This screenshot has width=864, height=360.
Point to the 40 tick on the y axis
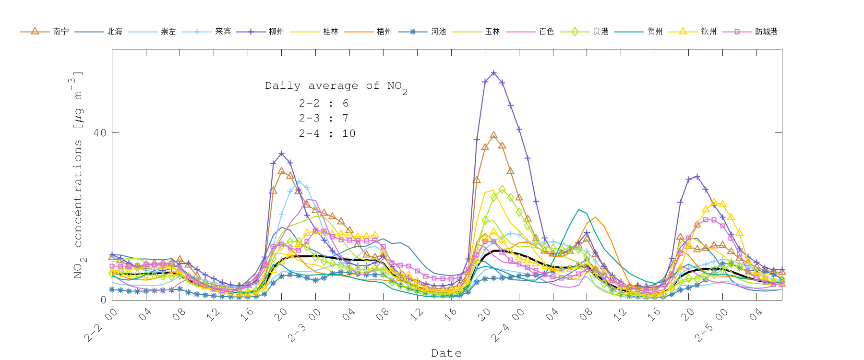(x=100, y=133)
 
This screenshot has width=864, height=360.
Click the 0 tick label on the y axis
(x=103, y=300)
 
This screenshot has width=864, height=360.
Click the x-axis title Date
(x=446, y=353)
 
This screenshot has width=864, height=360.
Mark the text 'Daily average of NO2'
(x=336, y=86)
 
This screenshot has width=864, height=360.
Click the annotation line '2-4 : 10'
(x=327, y=133)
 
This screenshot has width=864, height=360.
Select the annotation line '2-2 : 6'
(x=324, y=103)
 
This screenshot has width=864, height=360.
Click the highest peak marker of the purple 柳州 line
(x=493, y=73)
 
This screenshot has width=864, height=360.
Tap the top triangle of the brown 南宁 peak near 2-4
(x=493, y=135)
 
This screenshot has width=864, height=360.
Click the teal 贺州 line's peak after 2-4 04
(x=579, y=210)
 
